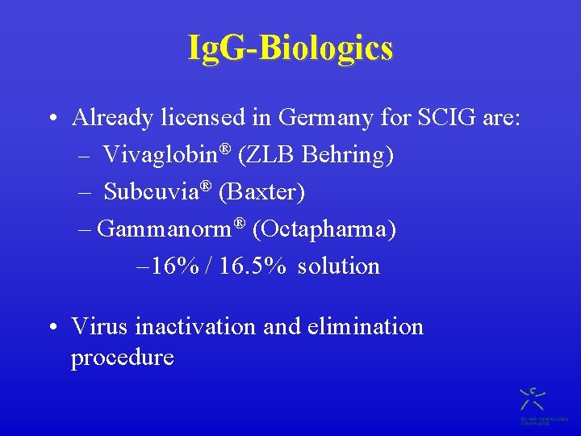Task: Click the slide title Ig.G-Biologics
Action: tap(290, 48)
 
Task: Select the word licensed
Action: tap(204, 118)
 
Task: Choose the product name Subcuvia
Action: tap(152, 192)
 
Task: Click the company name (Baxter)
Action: tap(261, 192)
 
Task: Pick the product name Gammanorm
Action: tap(165, 229)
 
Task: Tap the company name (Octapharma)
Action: tap(324, 229)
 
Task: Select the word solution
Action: tap(338, 266)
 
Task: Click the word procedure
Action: tap(123, 357)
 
